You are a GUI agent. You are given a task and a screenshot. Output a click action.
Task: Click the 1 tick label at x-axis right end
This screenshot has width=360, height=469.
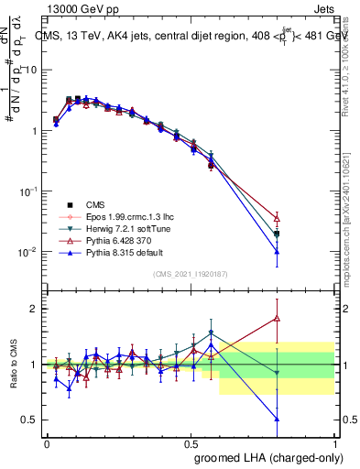[x=335, y=442]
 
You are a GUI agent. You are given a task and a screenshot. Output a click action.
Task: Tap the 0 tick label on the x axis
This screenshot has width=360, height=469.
[x=47, y=442]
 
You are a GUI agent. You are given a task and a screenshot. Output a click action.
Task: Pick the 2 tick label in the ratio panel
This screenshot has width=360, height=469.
[x=36, y=309]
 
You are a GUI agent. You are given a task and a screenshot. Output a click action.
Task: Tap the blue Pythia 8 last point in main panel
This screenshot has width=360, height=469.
[x=277, y=251]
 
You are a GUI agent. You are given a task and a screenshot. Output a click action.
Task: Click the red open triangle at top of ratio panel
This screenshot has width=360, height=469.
[x=277, y=319]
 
